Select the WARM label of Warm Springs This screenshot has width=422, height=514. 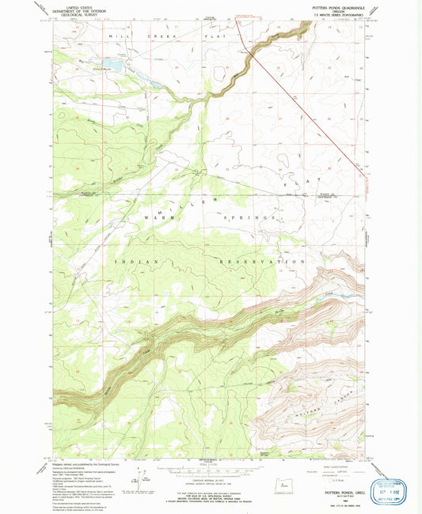click(155, 217)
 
